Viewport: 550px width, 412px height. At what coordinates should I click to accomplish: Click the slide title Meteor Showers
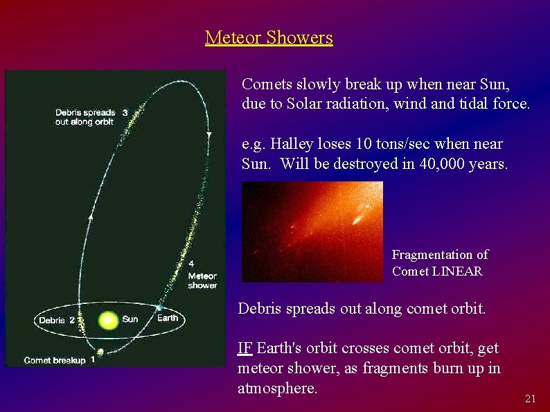click(269, 37)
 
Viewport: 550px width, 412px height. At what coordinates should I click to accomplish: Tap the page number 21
click(531, 398)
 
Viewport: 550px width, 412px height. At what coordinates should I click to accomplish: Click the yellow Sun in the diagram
click(108, 320)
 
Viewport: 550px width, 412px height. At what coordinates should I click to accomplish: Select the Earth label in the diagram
click(167, 319)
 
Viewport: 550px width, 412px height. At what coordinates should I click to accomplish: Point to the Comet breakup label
click(55, 360)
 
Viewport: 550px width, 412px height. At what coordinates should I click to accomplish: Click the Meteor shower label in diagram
click(202, 280)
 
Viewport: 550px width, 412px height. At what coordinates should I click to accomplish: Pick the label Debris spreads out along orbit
click(85, 117)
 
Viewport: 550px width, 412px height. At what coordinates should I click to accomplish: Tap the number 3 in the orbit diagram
click(125, 112)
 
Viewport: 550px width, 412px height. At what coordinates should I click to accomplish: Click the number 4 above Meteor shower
click(191, 264)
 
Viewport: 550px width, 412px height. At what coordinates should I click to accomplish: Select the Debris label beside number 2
click(52, 320)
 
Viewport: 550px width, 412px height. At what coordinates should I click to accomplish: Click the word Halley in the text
click(290, 145)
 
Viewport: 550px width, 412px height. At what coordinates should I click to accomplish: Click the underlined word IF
click(245, 348)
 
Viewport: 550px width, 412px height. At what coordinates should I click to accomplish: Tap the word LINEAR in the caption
click(458, 271)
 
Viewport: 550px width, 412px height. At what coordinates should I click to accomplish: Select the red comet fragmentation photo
click(312, 231)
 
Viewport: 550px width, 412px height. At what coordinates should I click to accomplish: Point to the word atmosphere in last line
click(277, 388)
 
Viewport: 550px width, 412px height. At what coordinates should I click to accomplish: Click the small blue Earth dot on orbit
click(159, 307)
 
